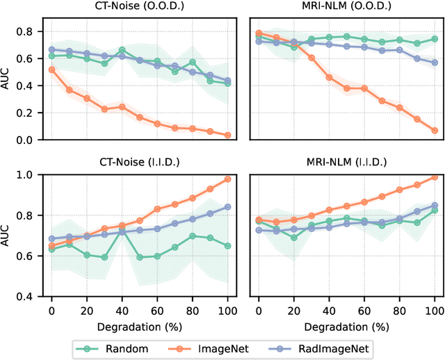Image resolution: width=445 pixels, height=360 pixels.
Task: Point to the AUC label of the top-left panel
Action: [8, 80]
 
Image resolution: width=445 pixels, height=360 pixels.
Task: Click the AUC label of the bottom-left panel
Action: [8, 236]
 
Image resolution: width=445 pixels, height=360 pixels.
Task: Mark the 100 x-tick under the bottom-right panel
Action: [435, 308]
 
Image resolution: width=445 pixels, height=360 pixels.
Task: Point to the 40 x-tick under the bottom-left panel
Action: [122, 308]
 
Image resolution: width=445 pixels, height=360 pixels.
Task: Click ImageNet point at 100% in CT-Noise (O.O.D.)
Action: [228, 136]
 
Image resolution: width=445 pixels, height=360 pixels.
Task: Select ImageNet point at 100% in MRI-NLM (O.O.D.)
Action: [435, 130]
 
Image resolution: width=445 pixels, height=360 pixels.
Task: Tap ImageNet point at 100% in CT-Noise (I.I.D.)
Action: [228, 179]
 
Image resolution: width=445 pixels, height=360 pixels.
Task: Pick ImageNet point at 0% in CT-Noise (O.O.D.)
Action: [51, 69]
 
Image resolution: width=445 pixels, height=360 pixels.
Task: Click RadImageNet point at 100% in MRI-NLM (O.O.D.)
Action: [435, 63]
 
